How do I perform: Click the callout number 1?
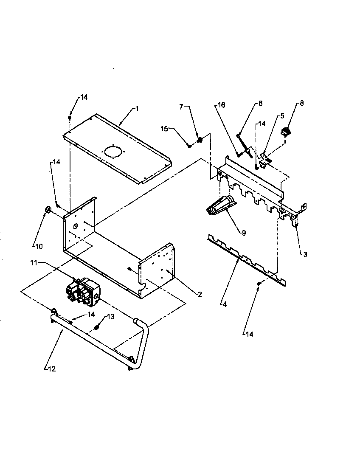(x=137, y=109)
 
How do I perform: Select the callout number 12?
(x=51, y=369)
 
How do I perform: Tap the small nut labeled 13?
(x=97, y=327)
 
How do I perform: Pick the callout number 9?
(x=244, y=233)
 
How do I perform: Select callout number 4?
(x=224, y=304)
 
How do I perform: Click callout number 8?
(x=302, y=103)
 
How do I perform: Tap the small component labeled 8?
(x=288, y=132)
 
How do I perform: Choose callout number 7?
(x=181, y=107)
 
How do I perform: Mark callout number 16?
(x=222, y=105)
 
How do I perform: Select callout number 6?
(x=260, y=103)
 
